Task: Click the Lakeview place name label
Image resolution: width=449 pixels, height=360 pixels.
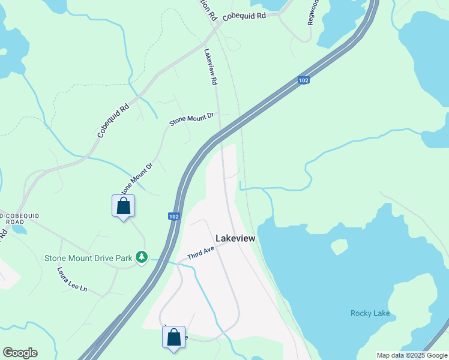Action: [x=235, y=238]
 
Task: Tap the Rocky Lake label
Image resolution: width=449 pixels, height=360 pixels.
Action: [x=370, y=313]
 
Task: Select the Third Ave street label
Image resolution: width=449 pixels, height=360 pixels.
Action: [x=200, y=253]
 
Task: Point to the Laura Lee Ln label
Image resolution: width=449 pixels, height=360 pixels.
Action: [x=72, y=280]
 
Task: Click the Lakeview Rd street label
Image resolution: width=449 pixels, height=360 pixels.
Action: [x=210, y=67]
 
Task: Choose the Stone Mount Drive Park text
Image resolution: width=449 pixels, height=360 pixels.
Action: [x=88, y=259]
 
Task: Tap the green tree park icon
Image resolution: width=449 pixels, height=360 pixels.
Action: [x=142, y=257]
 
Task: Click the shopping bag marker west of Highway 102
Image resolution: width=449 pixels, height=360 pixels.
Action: [x=123, y=206]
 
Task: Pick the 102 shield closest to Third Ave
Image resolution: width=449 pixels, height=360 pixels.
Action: [x=174, y=216]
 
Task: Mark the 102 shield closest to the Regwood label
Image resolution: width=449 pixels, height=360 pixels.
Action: [x=304, y=80]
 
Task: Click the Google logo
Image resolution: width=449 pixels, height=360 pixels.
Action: [x=20, y=353]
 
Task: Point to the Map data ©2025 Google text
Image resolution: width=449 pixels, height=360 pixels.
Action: [x=412, y=355]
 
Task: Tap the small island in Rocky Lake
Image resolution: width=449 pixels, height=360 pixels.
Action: [x=340, y=247]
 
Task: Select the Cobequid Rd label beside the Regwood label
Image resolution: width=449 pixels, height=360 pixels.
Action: [x=244, y=17]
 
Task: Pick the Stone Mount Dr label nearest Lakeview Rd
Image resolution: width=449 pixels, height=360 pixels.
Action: [x=191, y=118]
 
